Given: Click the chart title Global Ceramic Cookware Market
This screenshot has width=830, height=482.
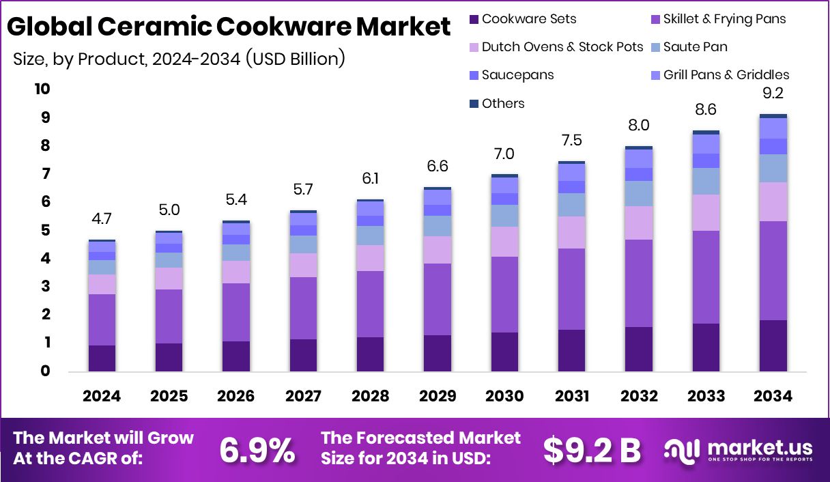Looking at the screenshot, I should coord(229,27).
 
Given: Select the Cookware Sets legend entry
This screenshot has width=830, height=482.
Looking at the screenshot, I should coord(522,19).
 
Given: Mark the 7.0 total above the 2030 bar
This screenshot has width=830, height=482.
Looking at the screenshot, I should coord(504,154).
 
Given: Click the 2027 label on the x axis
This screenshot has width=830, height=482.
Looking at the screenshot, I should coord(303,396).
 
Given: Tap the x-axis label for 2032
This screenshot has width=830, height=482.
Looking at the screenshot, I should coord(638,396).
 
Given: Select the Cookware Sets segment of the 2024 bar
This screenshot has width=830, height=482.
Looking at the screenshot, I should coord(102,358).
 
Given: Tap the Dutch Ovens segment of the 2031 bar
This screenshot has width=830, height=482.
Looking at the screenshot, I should coord(571,232).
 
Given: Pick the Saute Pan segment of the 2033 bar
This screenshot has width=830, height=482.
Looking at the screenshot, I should coord(706,181).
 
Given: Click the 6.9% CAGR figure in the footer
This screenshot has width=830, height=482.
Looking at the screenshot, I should coord(257,449).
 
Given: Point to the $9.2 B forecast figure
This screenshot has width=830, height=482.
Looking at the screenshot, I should coord(592,449).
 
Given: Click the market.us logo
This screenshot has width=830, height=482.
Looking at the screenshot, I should coord(739,449).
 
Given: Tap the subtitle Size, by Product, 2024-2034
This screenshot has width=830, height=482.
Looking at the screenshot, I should coord(179,59).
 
